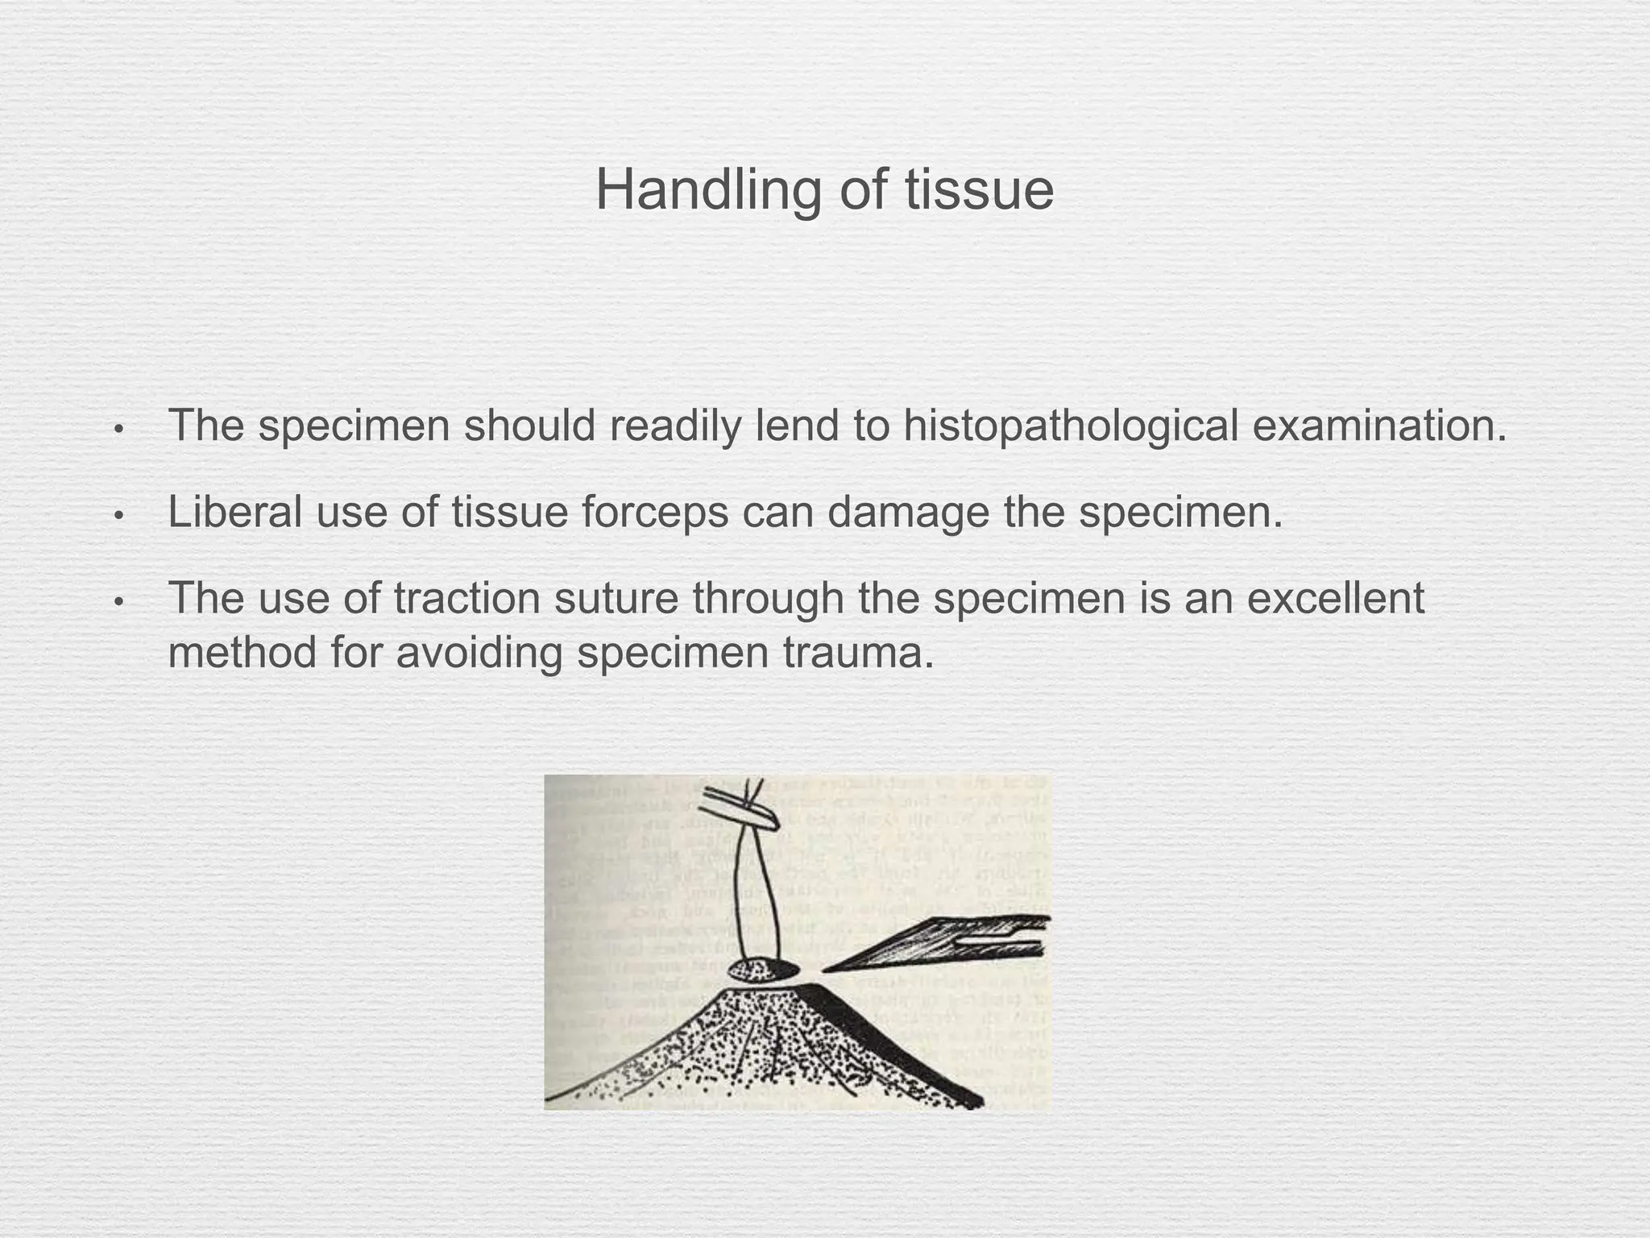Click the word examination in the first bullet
1378,426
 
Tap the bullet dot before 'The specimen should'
118,429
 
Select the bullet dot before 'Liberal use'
118,515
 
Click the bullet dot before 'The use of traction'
118,601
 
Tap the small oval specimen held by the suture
763,970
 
